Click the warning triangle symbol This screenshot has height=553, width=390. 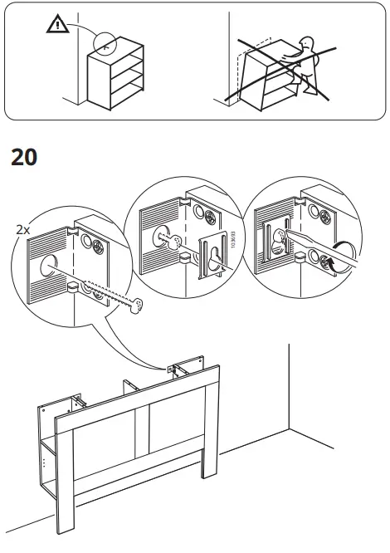point(56,25)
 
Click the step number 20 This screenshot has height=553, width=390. point(24,157)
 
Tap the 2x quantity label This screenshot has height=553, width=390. point(22,228)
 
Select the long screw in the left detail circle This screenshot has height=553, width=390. point(112,298)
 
